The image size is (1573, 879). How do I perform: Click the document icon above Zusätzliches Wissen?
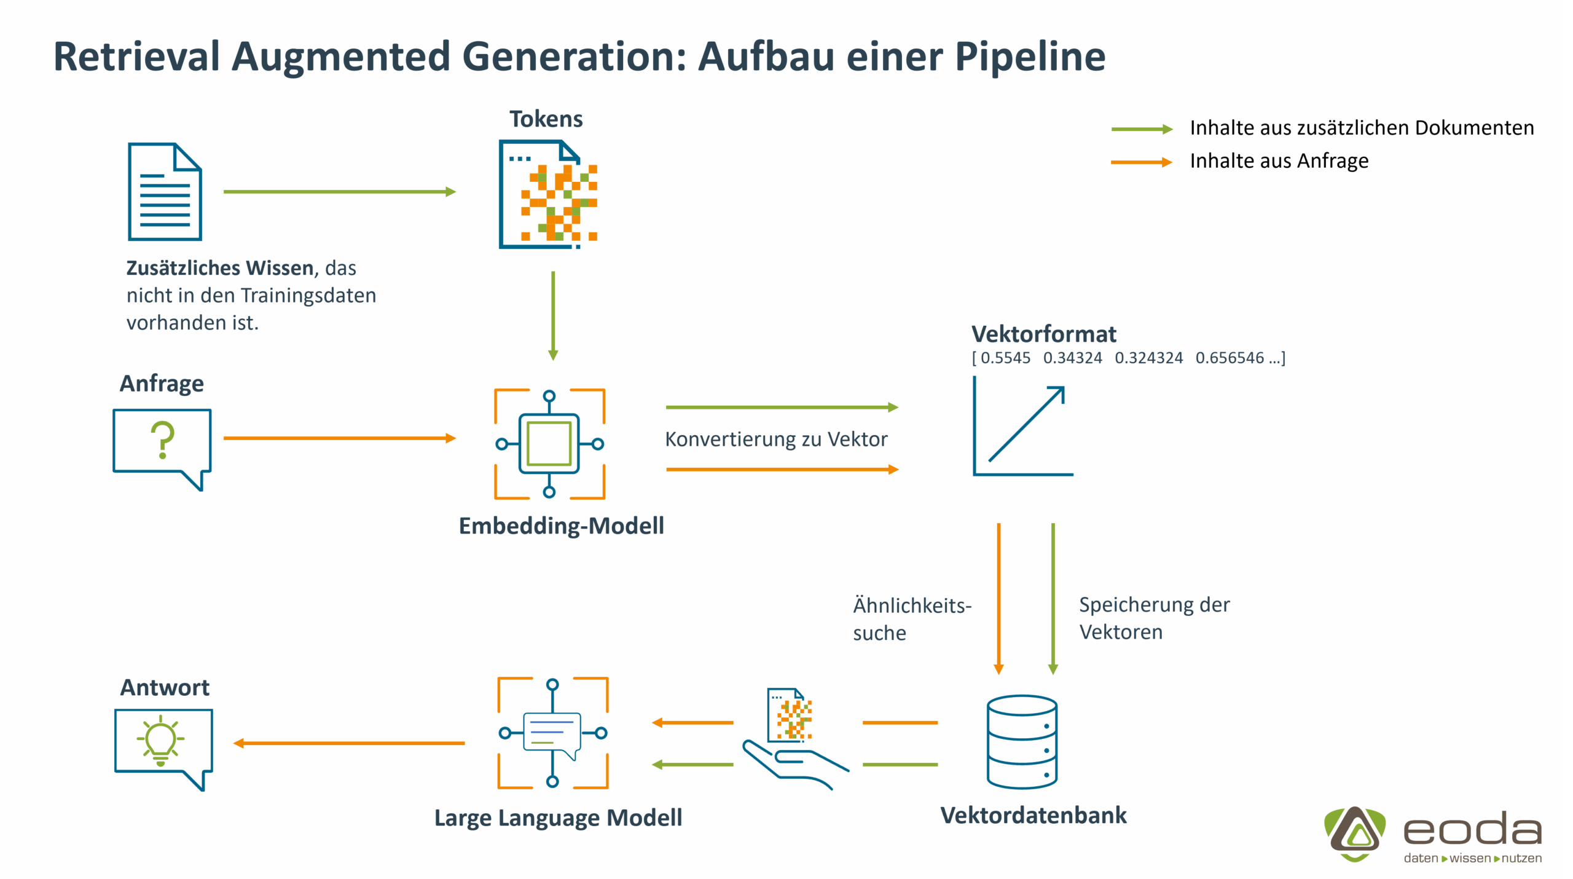(x=165, y=191)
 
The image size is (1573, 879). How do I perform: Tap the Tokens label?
(x=546, y=119)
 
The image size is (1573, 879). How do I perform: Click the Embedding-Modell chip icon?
(x=549, y=443)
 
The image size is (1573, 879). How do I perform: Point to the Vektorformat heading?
(x=1043, y=334)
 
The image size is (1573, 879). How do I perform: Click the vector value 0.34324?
(x=1072, y=358)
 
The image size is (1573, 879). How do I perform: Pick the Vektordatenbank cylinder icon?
(x=1022, y=741)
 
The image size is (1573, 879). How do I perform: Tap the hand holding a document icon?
(x=793, y=741)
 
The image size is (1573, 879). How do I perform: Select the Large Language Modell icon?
(x=552, y=733)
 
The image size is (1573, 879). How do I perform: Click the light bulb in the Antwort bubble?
(x=161, y=740)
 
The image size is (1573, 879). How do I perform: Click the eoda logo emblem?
(x=1354, y=834)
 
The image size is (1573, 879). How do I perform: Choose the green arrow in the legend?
(x=1142, y=129)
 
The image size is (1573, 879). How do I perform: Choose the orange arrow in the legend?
(x=1142, y=162)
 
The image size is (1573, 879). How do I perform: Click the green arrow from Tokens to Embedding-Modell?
(x=553, y=315)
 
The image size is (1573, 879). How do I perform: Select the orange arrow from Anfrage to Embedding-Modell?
(x=339, y=438)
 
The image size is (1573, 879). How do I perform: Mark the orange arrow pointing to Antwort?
(x=348, y=743)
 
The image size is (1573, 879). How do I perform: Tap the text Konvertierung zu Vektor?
(x=776, y=439)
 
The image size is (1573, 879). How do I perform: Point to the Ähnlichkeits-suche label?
(x=912, y=619)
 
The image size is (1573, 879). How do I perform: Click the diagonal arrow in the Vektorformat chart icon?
(x=1026, y=424)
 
